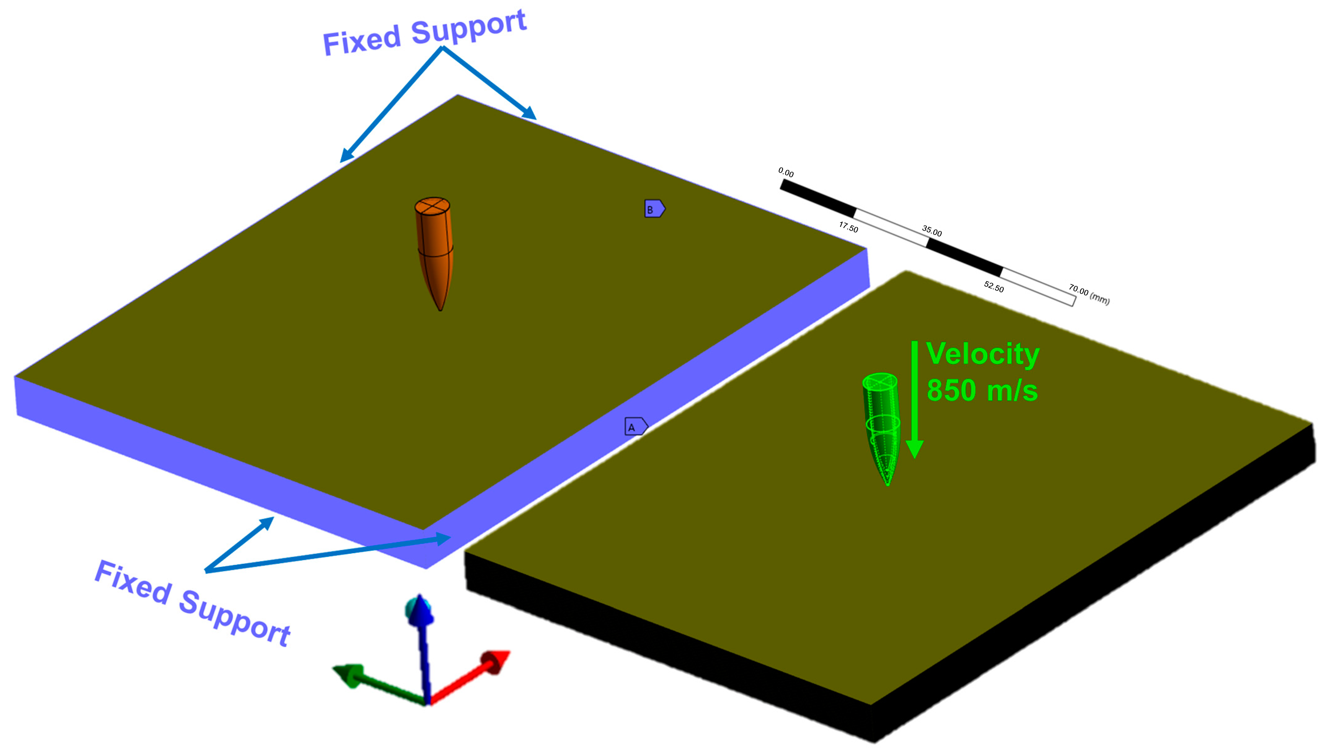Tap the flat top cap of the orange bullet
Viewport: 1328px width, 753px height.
pyautogui.click(x=432, y=206)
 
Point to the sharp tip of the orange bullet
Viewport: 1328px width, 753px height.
pyautogui.click(x=440, y=309)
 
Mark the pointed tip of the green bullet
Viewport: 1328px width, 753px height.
pyautogui.click(x=887, y=484)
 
